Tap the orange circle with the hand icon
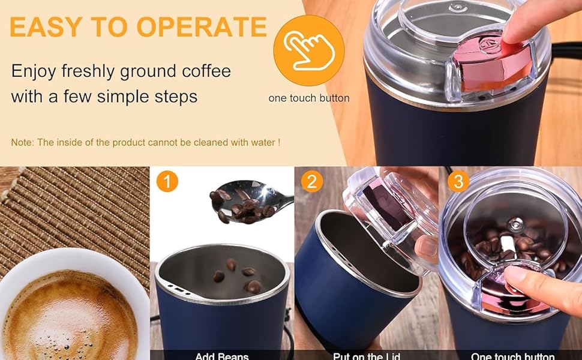coord(308,50)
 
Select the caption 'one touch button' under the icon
coord(309,98)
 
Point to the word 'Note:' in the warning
coord(23,142)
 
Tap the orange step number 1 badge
coord(167,181)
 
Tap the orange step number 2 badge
coord(312,181)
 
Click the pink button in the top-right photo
coord(489,66)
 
